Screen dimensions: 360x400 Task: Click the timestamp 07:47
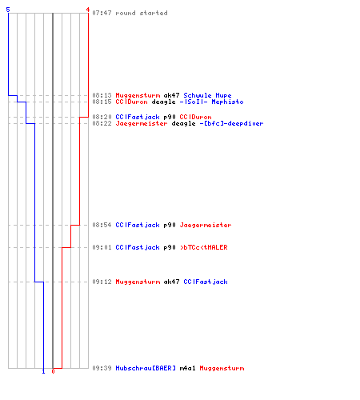[102, 13]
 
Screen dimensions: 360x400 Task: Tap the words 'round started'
[142, 13]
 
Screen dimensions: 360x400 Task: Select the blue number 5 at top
[8, 10]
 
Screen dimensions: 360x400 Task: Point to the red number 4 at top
[88, 10]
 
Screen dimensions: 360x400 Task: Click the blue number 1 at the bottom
[44, 371]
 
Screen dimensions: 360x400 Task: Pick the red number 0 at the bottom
[53, 371]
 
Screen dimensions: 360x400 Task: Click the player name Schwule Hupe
[207, 95]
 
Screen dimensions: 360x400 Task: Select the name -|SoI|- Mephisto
[211, 102]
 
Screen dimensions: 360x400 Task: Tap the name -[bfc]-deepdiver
[231, 123]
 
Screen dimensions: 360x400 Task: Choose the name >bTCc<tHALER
[204, 247]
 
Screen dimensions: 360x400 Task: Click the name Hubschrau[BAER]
[146, 368]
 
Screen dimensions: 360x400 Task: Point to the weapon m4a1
[187, 368]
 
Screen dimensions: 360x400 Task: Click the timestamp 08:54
[102, 225]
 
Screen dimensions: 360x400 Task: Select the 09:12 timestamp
[102, 282]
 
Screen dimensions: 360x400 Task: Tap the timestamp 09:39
[102, 368]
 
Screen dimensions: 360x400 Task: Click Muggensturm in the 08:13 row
[138, 95]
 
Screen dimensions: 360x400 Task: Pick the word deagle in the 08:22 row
[183, 123]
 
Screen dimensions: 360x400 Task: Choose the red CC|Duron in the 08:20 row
[195, 117]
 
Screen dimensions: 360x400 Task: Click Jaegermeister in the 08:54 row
[206, 225]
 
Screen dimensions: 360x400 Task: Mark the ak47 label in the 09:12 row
[171, 282]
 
